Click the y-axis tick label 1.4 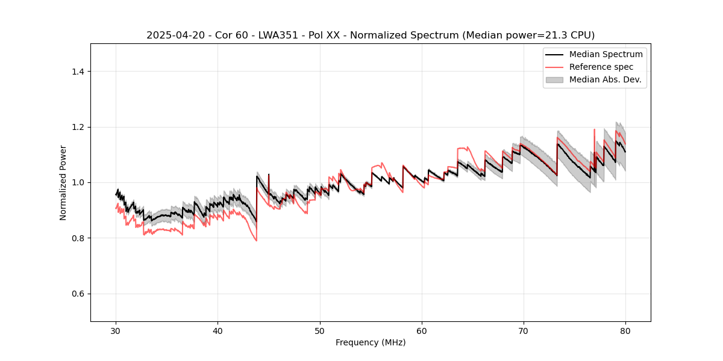(78, 72)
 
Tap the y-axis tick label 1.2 (78, 127)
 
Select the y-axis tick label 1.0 (78, 182)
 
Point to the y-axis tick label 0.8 (78, 238)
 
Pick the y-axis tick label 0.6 (78, 294)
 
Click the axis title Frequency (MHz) (371, 342)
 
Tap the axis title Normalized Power (63, 182)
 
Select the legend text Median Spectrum (606, 54)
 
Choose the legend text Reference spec (601, 67)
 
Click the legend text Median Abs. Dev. (605, 79)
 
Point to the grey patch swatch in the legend (554, 79)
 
